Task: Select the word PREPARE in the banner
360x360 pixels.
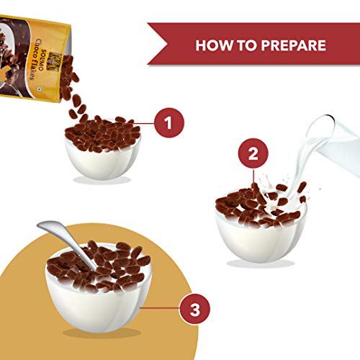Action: [294, 45]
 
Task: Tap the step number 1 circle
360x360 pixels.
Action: [169, 122]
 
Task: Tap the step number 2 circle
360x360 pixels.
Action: [253, 153]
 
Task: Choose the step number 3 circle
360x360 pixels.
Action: [195, 309]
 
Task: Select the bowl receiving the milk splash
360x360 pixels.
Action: [261, 235]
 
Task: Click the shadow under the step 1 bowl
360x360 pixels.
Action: [102, 180]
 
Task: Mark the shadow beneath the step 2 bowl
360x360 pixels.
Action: [261, 264]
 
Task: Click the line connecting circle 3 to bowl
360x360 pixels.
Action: [160, 308]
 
